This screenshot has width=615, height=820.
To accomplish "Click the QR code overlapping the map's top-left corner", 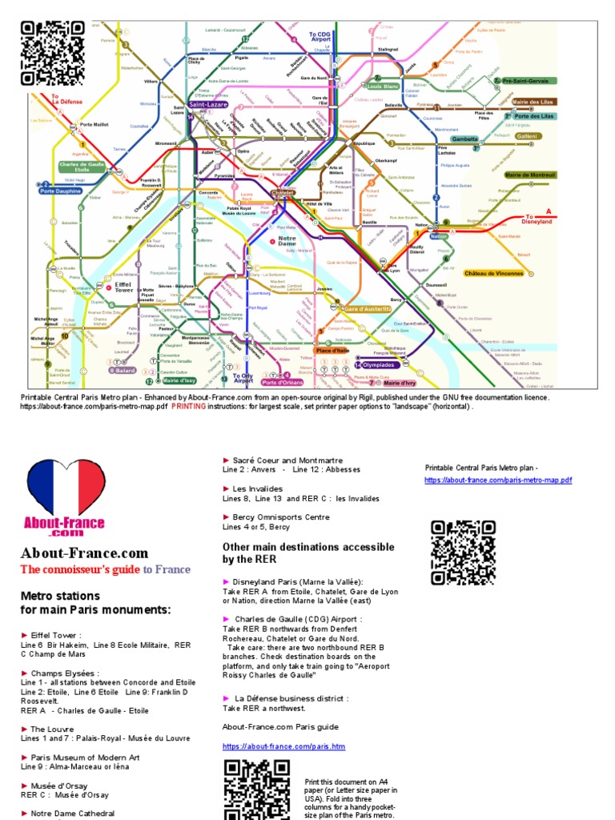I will click(x=53, y=53).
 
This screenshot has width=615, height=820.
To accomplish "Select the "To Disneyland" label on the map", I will click(x=539, y=218).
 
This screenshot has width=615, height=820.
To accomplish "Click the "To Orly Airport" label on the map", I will click(x=243, y=378).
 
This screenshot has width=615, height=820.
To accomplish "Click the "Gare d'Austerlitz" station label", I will click(x=367, y=309).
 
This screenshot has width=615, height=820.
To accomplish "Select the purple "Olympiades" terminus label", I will click(x=375, y=365).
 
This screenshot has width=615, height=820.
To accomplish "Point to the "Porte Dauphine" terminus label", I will click(x=60, y=191).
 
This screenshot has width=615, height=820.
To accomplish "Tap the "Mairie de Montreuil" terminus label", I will click(x=530, y=174).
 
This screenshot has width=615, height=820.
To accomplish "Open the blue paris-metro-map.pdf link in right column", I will click(x=498, y=480).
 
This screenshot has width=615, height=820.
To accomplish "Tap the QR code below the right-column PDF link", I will click(x=462, y=553).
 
